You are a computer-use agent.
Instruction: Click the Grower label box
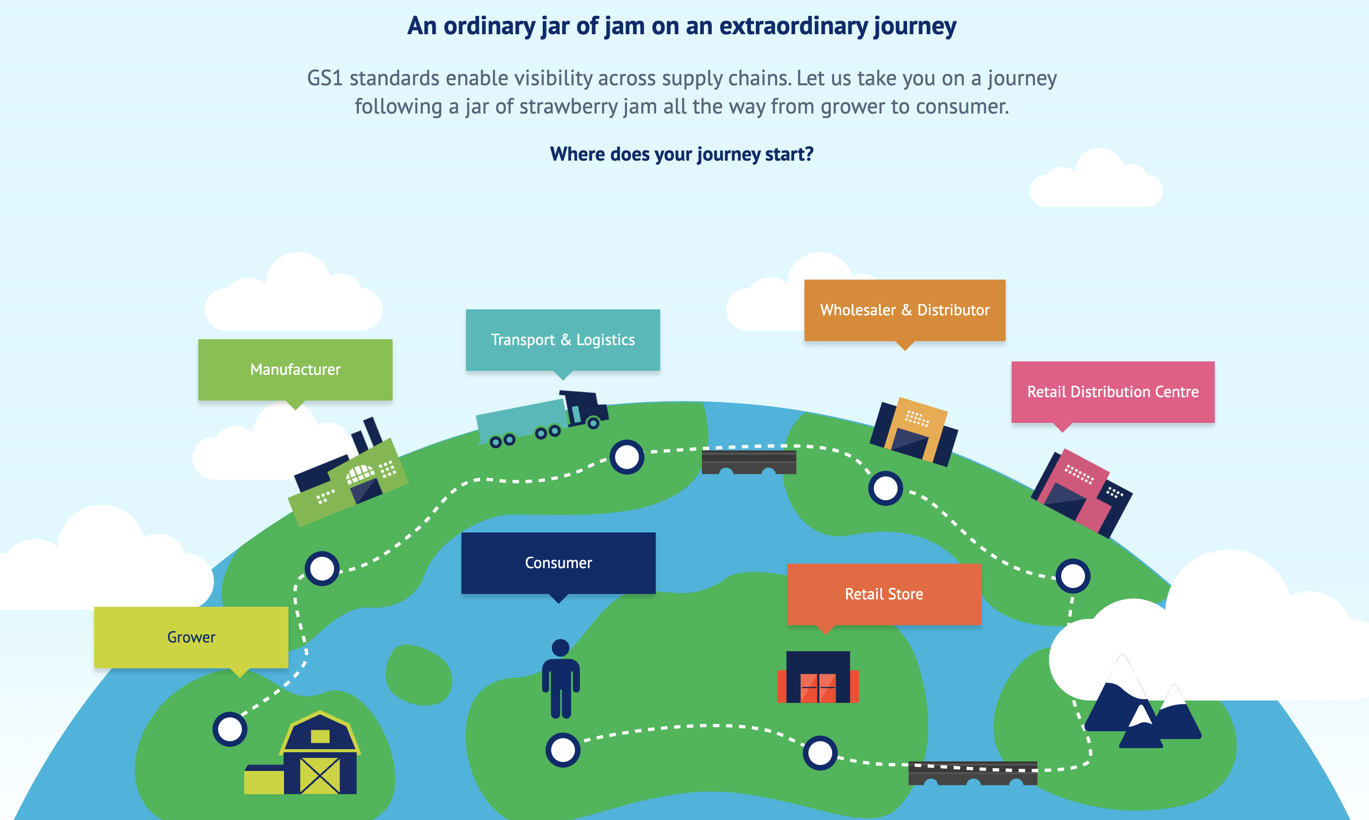191,637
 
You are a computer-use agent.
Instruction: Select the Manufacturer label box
295,369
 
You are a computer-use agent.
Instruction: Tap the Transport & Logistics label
563,339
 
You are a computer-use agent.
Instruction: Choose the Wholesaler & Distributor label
905,310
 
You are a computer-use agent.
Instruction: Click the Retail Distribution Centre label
1112,392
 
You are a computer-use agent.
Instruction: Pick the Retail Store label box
883,594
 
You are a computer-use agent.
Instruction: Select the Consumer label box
558,563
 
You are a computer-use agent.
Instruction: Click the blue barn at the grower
319,754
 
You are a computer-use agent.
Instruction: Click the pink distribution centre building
1080,492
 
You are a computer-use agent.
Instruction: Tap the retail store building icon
818,677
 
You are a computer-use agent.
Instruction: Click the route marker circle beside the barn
230,729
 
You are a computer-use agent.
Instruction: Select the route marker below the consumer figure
563,750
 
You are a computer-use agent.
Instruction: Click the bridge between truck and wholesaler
748,462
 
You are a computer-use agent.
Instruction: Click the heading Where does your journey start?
681,154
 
